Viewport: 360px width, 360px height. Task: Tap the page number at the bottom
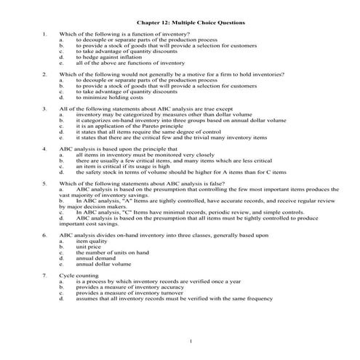click(x=190, y=341)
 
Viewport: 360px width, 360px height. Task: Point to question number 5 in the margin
click(x=45, y=184)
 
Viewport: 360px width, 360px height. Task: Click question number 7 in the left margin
click(x=45, y=276)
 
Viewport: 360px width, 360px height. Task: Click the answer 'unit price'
click(x=90, y=248)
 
